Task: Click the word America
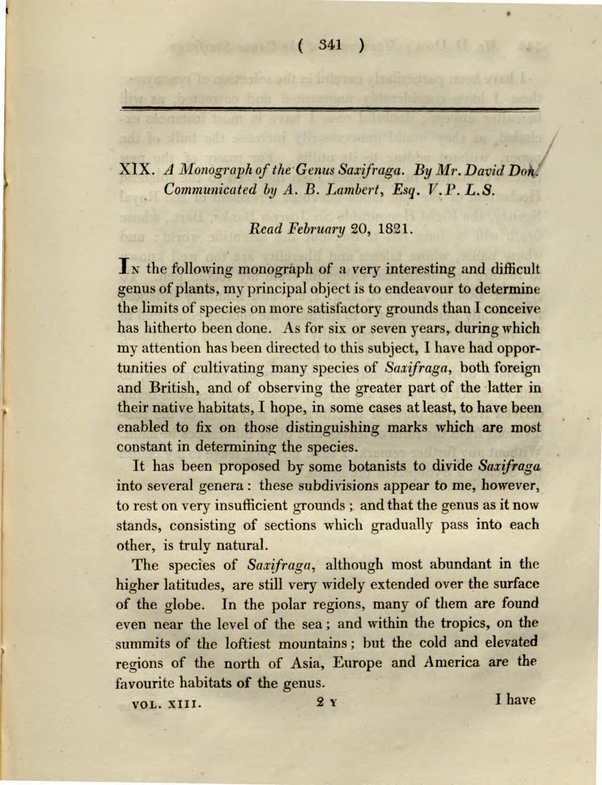tap(451, 663)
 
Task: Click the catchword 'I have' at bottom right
tap(515, 700)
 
